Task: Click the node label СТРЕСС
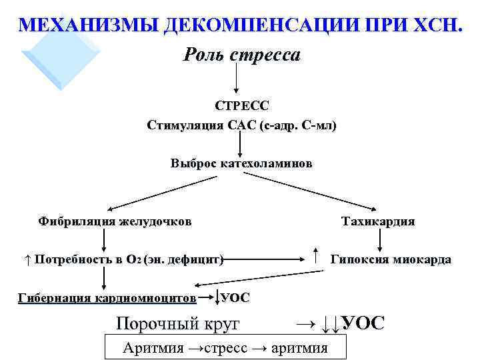241,106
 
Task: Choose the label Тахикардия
378,221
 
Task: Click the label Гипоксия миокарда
391,259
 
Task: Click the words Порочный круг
177,324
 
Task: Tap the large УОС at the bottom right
363,323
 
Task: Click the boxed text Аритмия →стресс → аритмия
225,347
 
